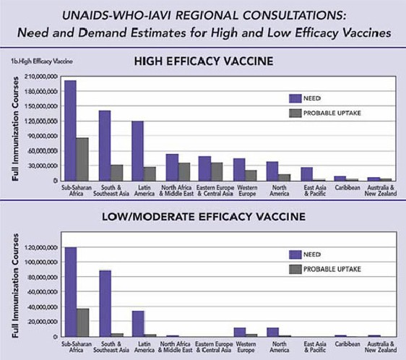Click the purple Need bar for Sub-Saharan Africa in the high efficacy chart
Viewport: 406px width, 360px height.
[x=70, y=131]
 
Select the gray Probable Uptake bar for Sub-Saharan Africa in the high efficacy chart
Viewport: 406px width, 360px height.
[x=82, y=159]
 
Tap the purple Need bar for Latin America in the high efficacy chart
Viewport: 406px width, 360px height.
[x=138, y=151]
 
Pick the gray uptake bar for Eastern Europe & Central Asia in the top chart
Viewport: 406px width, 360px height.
[x=217, y=171]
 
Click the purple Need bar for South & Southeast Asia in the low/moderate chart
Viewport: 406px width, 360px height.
[x=105, y=304]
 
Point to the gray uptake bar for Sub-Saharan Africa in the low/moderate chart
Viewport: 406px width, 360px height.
[x=83, y=322]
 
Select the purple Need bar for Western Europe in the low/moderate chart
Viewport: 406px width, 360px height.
[x=240, y=333]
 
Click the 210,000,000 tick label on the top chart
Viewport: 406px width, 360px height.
[x=41, y=77]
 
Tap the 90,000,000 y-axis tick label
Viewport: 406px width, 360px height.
[x=43, y=136]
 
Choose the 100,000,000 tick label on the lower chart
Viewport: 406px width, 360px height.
[x=41, y=262]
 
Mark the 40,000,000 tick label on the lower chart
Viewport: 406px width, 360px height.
[x=43, y=307]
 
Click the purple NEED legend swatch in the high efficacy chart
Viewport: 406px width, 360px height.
[x=295, y=98]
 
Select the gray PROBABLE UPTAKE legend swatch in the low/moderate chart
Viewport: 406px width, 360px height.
[x=295, y=270]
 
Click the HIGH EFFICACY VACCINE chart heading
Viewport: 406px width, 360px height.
[x=204, y=61]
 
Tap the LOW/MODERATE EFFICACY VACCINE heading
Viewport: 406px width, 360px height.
[x=204, y=217]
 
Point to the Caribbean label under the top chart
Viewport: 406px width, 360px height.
[x=347, y=187]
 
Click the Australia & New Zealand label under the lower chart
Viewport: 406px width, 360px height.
[x=381, y=347]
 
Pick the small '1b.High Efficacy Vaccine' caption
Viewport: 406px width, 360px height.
[x=42, y=61]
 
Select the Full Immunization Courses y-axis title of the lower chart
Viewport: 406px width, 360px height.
[x=16, y=286]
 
